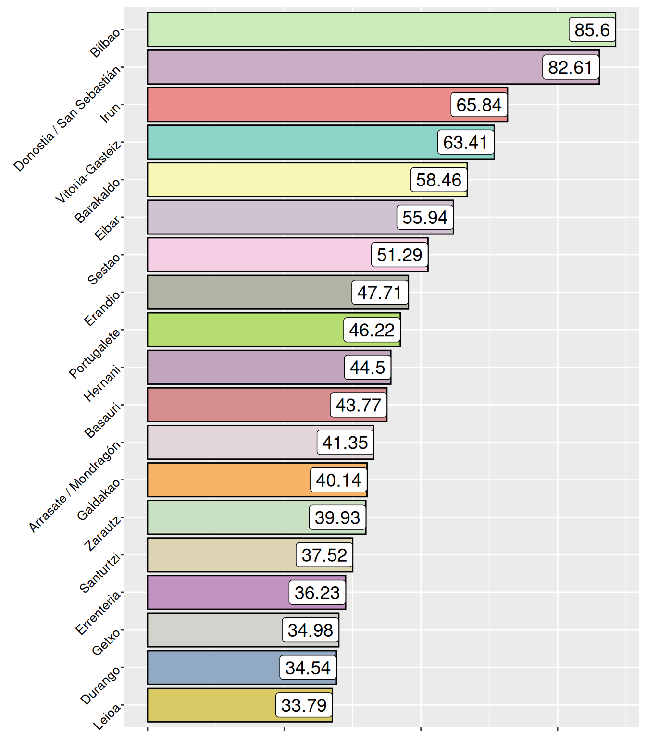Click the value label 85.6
tap(592, 30)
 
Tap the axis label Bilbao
tap(106, 43)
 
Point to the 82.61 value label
tap(571, 67)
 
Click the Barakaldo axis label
tap(98, 200)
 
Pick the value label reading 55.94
tap(425, 217)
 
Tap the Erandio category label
tap(102, 309)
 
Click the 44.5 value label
tap(368, 368)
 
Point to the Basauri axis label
tap(102, 421)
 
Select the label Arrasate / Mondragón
tap(75, 487)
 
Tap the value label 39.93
tap(337, 517)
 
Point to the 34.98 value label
tap(311, 630)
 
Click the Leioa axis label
tap(107, 717)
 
